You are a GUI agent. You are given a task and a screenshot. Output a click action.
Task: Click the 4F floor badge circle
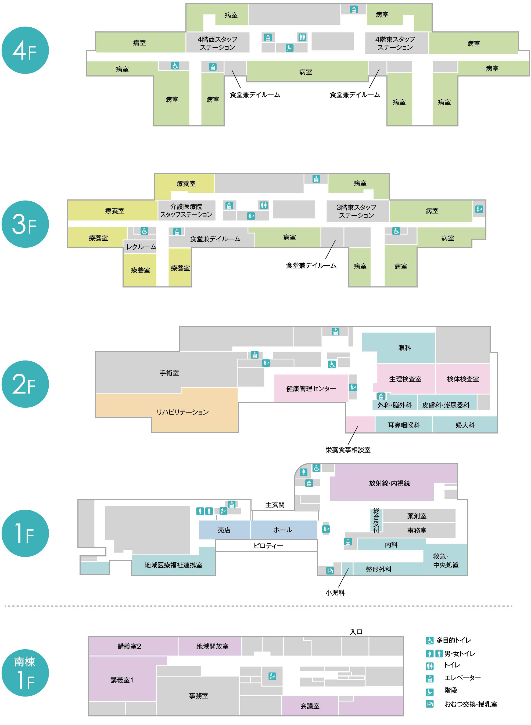pyautogui.click(x=25, y=50)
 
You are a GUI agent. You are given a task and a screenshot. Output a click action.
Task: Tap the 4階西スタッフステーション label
pyautogui.click(x=217, y=43)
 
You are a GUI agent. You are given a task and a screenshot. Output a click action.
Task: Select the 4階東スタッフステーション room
pyautogui.click(x=395, y=43)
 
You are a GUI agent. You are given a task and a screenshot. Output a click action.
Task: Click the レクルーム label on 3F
pyautogui.click(x=141, y=247)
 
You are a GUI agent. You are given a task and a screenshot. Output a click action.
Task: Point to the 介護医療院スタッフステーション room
pyautogui.click(x=186, y=211)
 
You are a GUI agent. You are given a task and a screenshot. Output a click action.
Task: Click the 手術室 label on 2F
pyautogui.click(x=169, y=373)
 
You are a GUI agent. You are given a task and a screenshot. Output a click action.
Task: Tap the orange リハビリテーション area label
pyautogui.click(x=182, y=412)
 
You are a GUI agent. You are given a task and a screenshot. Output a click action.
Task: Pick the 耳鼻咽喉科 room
pyautogui.click(x=404, y=425)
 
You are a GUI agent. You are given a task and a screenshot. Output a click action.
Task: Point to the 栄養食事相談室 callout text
pyautogui.click(x=348, y=450)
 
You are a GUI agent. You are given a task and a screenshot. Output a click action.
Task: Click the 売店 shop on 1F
pyautogui.click(x=224, y=530)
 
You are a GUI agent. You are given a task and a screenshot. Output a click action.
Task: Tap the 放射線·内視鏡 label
pyautogui.click(x=389, y=483)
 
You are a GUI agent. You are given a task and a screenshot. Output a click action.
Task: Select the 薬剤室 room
pyautogui.click(x=417, y=516)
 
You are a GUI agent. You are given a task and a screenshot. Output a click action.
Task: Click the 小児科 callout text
pyautogui.click(x=335, y=593)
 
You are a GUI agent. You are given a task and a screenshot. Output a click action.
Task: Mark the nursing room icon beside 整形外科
pyautogui.click(x=330, y=571)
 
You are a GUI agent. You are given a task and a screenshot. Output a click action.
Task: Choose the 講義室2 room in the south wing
pyautogui.click(x=129, y=646)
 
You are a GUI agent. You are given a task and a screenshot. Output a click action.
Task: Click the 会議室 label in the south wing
pyautogui.click(x=310, y=706)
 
